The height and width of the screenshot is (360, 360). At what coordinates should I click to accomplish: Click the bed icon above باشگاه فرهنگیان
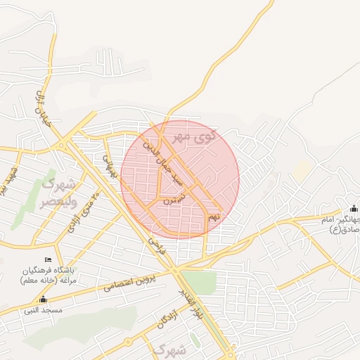click(58, 261)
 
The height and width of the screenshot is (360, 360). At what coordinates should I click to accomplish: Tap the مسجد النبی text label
click(44, 309)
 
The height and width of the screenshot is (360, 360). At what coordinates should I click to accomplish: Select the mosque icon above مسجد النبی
click(44, 299)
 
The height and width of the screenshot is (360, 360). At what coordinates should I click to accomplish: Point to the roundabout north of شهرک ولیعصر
click(64, 146)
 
